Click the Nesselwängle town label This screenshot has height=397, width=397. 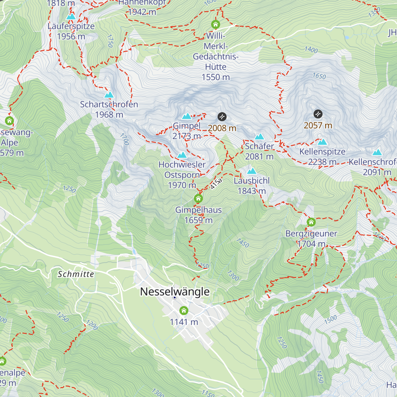pos(175,291)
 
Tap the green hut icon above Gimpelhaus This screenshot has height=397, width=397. pos(198,198)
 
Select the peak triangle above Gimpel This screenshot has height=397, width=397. pos(187,116)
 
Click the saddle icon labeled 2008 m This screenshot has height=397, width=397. pos(222,116)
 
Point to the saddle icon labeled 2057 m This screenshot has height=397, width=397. pos(318,114)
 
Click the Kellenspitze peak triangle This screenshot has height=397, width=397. pos(322,142)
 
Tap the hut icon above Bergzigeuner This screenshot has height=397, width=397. pos(311,222)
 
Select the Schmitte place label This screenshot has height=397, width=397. pos(76,274)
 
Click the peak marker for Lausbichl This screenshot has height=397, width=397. pos(252,171)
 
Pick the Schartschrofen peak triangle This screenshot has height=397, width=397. pos(109,95)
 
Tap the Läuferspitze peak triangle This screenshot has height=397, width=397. pos(71,17)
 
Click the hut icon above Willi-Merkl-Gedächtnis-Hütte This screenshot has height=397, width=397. pos(215,24)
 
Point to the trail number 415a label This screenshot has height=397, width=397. pos(216,184)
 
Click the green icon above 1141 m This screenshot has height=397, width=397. pos(184,311)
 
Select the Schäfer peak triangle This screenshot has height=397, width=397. pos(259,137)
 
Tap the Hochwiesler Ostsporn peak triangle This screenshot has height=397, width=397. pos(182,155)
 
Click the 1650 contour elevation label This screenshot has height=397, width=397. pos(319,76)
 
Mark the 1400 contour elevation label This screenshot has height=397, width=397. pos(311,50)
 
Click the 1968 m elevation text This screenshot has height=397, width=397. pos(109,114)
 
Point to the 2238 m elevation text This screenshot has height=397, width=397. pos(322,162)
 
